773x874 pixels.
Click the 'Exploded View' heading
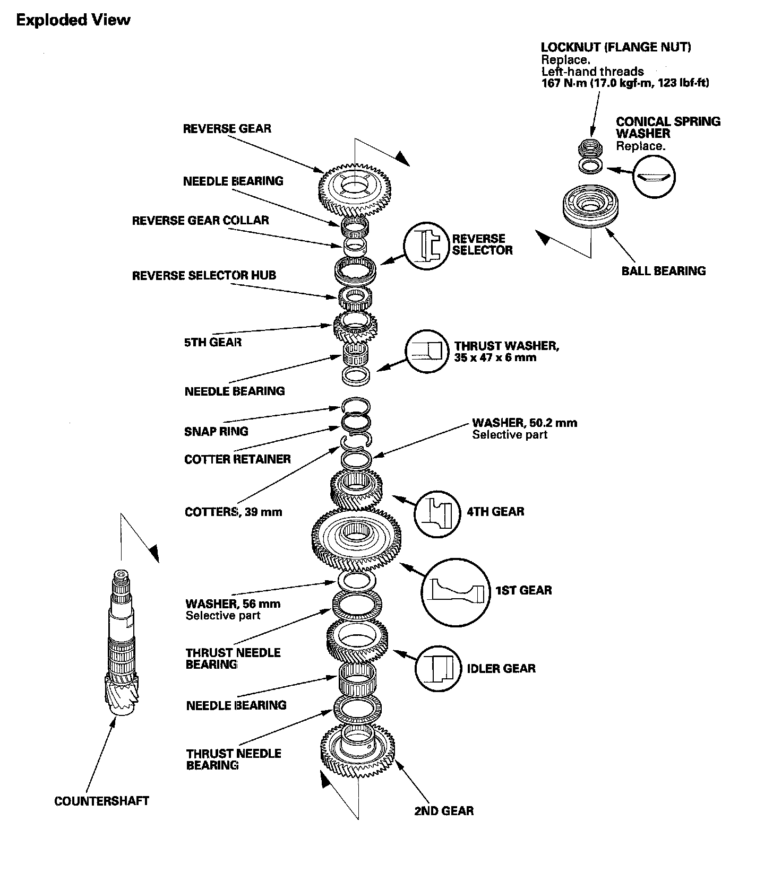(73, 20)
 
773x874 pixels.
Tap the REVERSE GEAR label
(227, 128)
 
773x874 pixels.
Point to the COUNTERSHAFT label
(101, 801)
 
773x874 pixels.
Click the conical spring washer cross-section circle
(654, 177)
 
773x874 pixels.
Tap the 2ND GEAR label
(444, 810)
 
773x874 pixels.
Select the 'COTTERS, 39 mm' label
(233, 512)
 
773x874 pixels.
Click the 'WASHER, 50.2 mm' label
(524, 423)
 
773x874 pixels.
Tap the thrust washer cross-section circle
(427, 351)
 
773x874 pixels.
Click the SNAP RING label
(216, 431)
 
